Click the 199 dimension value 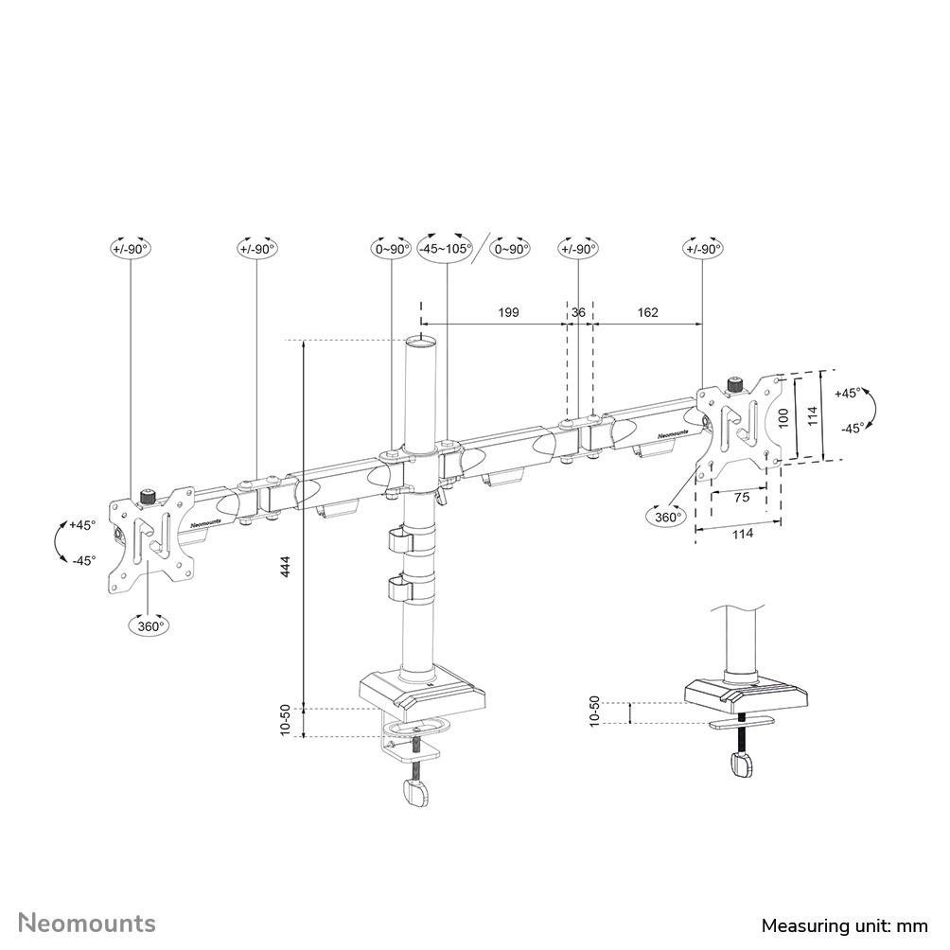point(508,311)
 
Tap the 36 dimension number point(579,311)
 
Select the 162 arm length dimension point(647,311)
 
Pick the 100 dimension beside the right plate point(782,419)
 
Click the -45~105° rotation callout point(446,249)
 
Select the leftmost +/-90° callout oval point(131,249)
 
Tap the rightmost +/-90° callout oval point(702,249)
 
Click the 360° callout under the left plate point(149,625)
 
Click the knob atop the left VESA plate point(148,496)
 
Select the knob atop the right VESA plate point(733,385)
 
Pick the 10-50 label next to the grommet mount point(595,711)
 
